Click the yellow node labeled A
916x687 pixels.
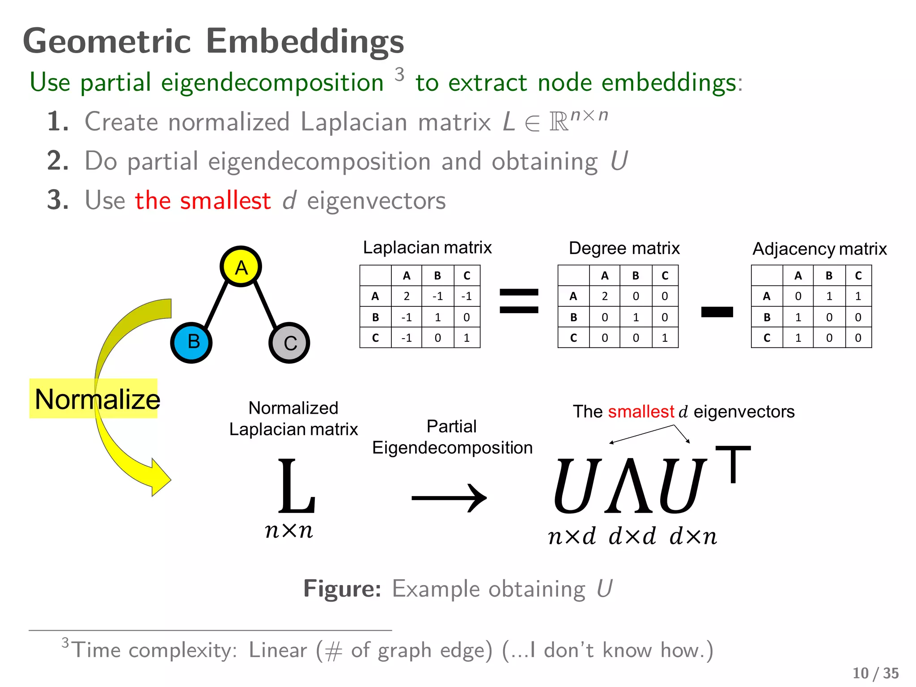[241, 267]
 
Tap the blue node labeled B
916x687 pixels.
[191, 343]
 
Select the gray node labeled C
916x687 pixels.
[289, 343]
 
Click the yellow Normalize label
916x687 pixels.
[94, 399]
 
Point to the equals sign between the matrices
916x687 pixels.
[519, 301]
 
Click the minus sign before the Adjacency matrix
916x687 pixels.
[717, 312]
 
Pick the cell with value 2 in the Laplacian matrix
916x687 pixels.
[406, 296]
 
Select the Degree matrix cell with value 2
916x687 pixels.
[604, 296]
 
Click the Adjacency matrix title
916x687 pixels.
[819, 249]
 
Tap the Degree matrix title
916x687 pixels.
[624, 248]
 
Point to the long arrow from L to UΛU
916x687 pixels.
[449, 498]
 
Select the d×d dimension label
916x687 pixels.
[632, 536]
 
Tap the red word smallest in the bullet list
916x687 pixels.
[225, 200]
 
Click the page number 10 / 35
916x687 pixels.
[875, 673]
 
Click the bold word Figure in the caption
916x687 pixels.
[342, 589]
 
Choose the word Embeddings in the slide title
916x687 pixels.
[305, 41]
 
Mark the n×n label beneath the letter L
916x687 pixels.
[289, 531]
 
